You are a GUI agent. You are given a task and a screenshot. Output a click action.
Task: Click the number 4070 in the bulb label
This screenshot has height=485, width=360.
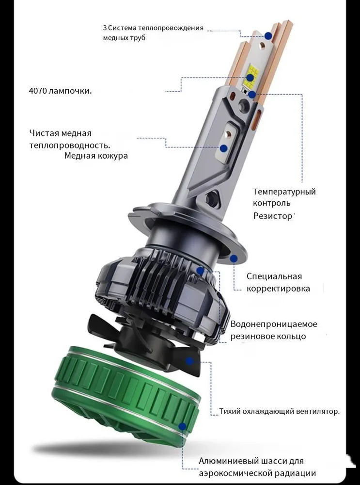pos(38,91)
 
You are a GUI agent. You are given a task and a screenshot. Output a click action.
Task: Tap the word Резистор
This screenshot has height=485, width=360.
pos(273,216)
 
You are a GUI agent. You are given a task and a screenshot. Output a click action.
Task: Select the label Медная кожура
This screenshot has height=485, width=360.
pos(96,156)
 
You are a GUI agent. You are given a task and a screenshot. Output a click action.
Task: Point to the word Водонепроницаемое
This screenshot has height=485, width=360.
pos(274,324)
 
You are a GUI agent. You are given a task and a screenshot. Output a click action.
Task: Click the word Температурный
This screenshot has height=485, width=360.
pos(284,192)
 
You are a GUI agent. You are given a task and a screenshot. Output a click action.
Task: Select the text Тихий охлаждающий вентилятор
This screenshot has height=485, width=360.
pos(279,412)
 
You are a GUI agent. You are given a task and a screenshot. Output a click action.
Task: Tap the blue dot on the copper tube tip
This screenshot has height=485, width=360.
pos(268,35)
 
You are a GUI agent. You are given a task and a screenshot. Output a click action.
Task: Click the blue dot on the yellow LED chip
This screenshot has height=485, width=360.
pos(250,77)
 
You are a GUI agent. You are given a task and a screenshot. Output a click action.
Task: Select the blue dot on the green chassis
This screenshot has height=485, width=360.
pos(183,427)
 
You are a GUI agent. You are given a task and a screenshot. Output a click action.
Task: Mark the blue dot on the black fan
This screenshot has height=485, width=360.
pos(189,361)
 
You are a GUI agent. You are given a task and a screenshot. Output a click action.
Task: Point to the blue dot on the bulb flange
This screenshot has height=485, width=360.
pos(234,259)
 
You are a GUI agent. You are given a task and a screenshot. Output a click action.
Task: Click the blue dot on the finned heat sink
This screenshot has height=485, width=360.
pos(200,271)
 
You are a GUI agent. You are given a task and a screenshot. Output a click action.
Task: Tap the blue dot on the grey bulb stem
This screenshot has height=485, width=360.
pos(223,148)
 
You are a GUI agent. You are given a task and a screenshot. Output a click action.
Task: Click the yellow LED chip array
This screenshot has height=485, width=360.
pos(252,73)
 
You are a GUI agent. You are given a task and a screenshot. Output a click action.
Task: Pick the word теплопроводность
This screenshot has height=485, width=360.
pos(69,145)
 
